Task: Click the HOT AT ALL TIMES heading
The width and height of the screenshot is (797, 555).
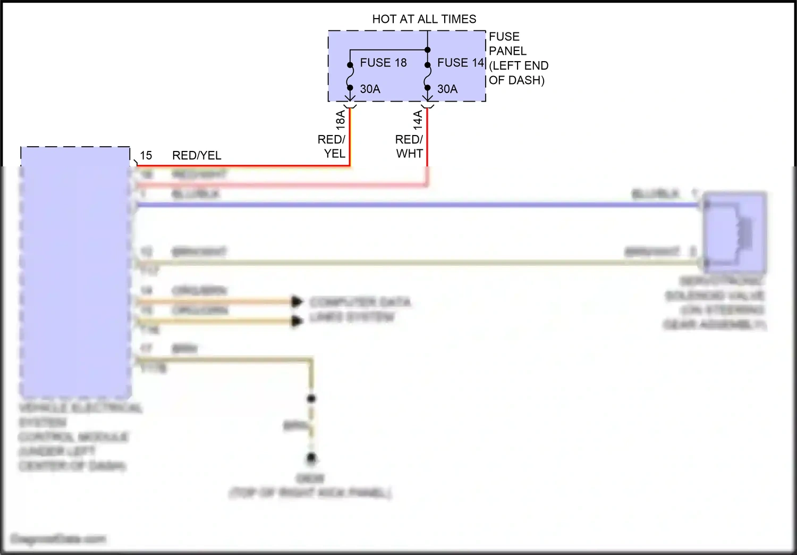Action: [x=424, y=19]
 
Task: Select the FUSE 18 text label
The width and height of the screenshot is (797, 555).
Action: [x=383, y=63]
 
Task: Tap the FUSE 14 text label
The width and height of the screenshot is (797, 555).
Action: [x=461, y=63]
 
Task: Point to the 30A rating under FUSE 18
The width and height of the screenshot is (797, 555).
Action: [x=370, y=89]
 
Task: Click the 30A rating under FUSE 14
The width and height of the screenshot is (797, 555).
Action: [x=447, y=89]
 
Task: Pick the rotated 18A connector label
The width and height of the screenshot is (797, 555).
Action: [x=341, y=120]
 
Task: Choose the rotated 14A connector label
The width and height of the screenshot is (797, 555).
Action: [x=418, y=120]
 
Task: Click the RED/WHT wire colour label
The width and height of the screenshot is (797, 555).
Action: [x=409, y=146]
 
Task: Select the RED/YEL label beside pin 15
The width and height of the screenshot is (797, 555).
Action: [x=197, y=155]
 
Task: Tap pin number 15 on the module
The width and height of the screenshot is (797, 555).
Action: [x=146, y=155]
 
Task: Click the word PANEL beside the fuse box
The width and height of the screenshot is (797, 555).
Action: [x=507, y=51]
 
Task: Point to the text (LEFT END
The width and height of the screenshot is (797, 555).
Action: [x=519, y=66]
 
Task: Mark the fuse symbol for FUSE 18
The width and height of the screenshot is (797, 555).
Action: [x=350, y=77]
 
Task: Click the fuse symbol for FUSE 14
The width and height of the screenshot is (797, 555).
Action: [x=428, y=77]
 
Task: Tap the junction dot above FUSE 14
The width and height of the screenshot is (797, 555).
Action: [x=428, y=50]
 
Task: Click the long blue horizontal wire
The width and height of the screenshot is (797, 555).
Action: [x=414, y=205]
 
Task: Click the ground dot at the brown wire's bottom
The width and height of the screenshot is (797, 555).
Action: [x=311, y=458]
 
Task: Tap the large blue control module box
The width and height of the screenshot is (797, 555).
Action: [x=75, y=271]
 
